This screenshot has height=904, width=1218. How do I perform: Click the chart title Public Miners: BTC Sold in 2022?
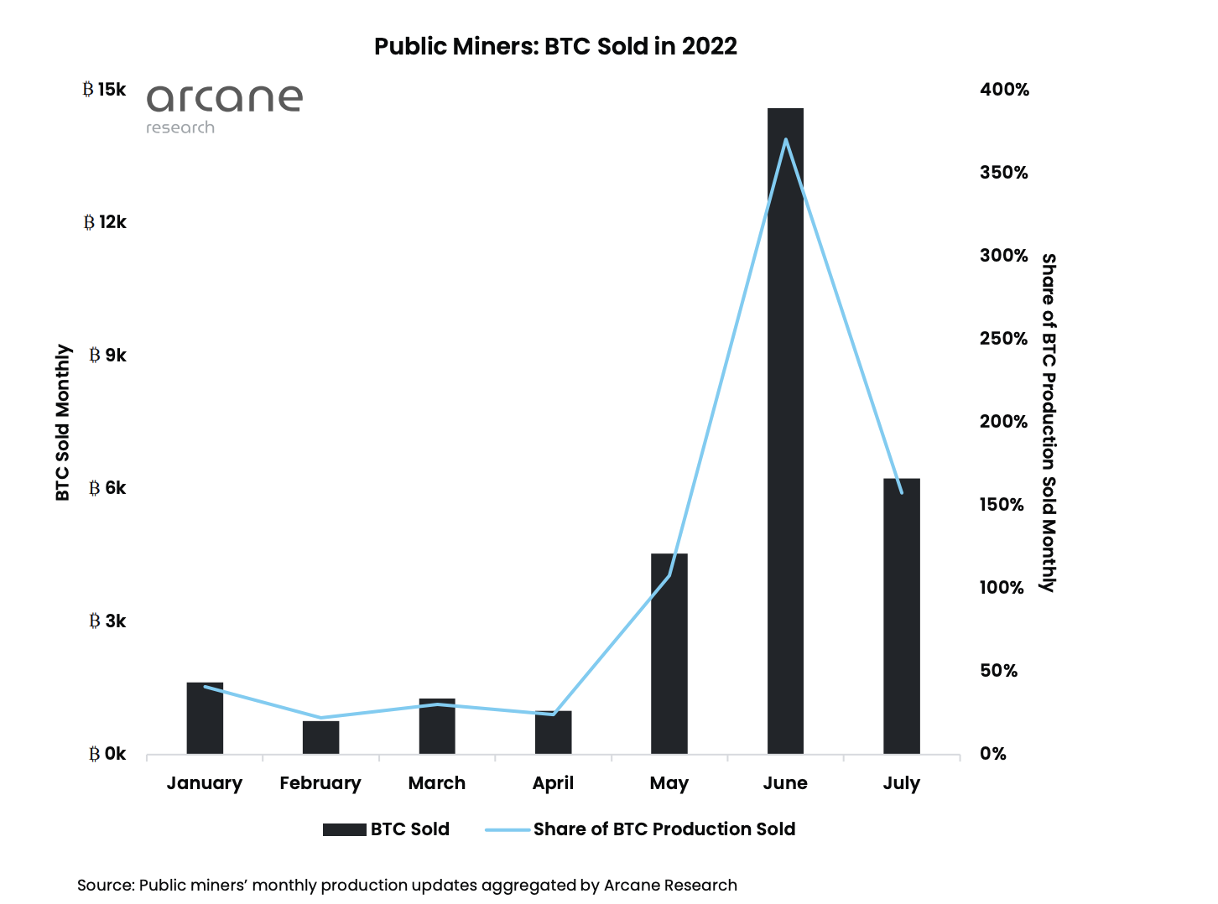tap(555, 46)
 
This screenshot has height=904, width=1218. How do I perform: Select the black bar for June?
tap(785, 436)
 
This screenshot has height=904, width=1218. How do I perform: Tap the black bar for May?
tap(669, 654)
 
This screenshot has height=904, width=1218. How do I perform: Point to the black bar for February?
tap(320, 737)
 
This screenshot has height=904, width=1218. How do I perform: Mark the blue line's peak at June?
tap(785, 139)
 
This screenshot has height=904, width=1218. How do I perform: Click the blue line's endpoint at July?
tap(902, 493)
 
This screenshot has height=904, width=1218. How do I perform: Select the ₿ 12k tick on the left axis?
tap(105, 222)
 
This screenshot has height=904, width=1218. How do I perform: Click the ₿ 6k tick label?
tap(107, 488)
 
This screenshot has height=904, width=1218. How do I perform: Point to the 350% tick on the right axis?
tap(1003, 173)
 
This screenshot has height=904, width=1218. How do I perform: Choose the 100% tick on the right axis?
tap(1002, 588)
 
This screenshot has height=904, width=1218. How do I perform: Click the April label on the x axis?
tap(553, 783)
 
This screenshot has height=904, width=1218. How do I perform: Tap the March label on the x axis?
tap(436, 783)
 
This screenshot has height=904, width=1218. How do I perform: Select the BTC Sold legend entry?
tap(387, 829)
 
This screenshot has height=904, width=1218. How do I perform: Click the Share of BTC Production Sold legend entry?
tap(641, 829)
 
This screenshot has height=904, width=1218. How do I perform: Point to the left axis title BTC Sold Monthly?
tap(63, 423)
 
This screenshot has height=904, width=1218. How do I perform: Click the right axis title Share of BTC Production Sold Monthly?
tap(1049, 423)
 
